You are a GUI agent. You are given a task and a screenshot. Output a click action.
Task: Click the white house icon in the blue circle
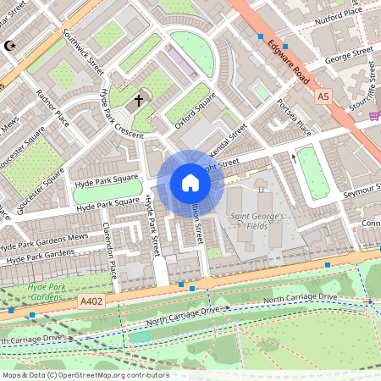coord(190,183)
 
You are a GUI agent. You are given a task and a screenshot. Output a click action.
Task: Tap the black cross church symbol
coord(139,101)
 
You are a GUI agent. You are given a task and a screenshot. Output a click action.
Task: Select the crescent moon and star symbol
coord(10,45)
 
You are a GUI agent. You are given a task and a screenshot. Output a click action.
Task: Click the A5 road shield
coord(323,97)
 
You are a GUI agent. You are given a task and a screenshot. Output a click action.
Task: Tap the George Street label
coord(349,57)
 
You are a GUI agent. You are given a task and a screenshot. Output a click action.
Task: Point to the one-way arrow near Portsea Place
coord(294,157)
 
